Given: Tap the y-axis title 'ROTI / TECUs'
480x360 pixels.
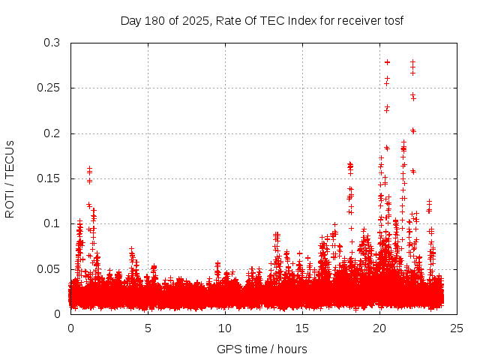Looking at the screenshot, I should [10, 178].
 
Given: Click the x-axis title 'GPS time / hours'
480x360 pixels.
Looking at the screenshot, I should [262, 349].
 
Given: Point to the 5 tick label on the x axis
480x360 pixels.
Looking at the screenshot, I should [148, 328].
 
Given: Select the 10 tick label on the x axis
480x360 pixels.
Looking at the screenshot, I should [225, 328].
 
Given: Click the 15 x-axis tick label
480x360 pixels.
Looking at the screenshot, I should [302, 328].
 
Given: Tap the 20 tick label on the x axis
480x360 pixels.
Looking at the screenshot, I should [379, 328].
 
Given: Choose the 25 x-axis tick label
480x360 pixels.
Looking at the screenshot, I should [457, 328].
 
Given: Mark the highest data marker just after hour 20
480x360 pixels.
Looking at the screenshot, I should [387, 62].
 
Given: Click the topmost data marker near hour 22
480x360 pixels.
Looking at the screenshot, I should [412, 62].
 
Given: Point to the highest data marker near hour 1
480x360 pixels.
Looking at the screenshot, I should [89, 169].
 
